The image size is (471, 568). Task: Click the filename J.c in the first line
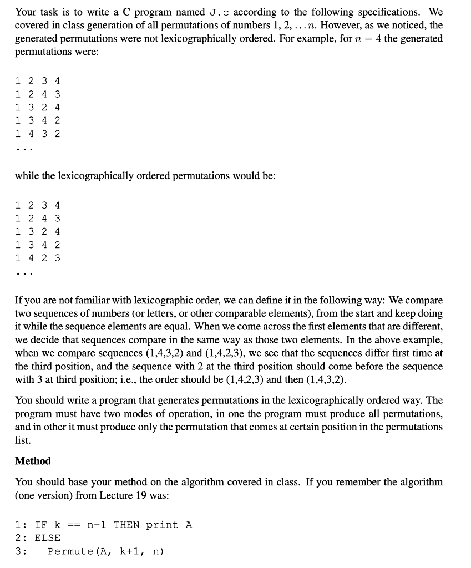tap(214, 12)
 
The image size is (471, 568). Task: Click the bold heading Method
tap(33, 461)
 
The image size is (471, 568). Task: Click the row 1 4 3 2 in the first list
tap(38, 134)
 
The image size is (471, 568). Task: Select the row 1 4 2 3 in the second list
tap(38, 258)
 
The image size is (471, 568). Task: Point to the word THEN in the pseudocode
tap(127, 525)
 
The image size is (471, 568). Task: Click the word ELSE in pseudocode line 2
tap(48, 538)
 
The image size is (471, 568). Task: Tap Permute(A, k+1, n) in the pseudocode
tap(105, 551)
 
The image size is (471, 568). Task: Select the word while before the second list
tap(27, 176)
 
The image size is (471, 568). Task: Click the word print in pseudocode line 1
tap(162, 525)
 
